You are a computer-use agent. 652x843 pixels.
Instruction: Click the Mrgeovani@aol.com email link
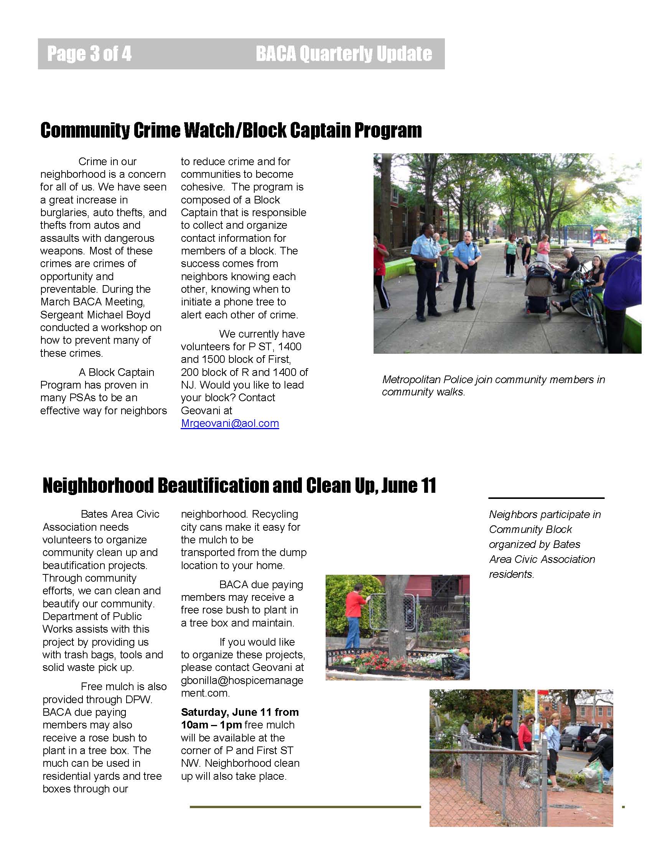coord(230,423)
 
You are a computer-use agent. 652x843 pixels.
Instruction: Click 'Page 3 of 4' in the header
coord(89,54)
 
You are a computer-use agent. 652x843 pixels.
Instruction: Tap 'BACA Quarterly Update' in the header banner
coord(343,54)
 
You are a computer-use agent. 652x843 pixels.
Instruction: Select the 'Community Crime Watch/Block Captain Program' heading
coord(231,130)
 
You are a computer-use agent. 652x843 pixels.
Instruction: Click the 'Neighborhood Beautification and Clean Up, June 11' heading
coord(239,485)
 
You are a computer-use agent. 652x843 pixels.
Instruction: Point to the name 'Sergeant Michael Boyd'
coord(95,315)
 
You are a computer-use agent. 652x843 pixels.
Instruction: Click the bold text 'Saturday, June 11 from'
coord(239,712)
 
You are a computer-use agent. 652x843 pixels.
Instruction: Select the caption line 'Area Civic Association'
coord(542,559)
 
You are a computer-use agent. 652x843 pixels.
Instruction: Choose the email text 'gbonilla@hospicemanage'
coord(242,681)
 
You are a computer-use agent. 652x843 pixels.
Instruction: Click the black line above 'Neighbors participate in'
coord(546,498)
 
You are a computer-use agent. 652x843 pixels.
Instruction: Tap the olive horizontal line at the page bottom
coord(305,807)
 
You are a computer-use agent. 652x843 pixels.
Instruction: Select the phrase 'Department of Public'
coord(92,617)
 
